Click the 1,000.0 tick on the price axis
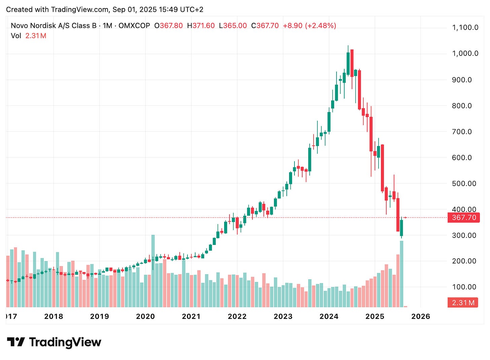pyautogui.click(x=465, y=53)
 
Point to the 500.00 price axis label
pyautogui.click(x=464, y=183)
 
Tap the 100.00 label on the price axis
pyautogui.click(x=464, y=287)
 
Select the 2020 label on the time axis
pyautogui.click(x=145, y=316)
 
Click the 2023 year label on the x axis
pyautogui.click(x=283, y=316)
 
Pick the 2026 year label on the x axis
pyautogui.click(x=421, y=316)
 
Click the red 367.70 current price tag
pyautogui.click(x=464, y=218)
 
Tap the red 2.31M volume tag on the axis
pyautogui.click(x=463, y=302)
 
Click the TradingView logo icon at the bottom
pyautogui.click(x=16, y=342)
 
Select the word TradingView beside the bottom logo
pyautogui.click(x=65, y=342)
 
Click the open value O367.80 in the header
pyautogui.click(x=168, y=26)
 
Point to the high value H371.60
pyautogui.click(x=201, y=26)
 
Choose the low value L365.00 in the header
pyautogui.click(x=233, y=26)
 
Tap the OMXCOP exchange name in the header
pyautogui.click(x=134, y=26)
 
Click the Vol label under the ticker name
pyautogui.click(x=16, y=36)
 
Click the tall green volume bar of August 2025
pyautogui.click(x=401, y=274)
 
